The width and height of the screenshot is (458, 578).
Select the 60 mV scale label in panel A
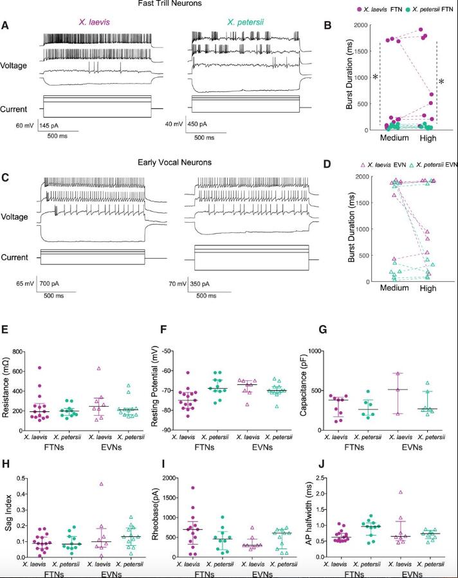pyautogui.click(x=26, y=126)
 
